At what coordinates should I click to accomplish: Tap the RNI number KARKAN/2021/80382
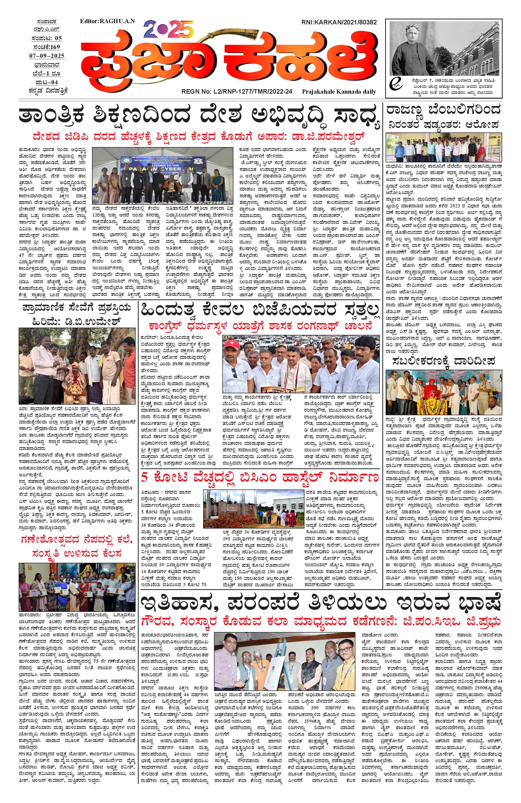pyautogui.click(x=339, y=22)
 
